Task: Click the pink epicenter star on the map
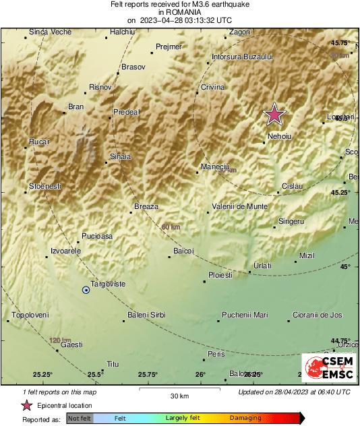[274, 115]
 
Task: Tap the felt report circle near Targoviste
[86, 290]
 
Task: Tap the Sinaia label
[120, 157]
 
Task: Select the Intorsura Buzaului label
[241, 57]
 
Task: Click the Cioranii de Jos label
[317, 315]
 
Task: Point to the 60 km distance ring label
[171, 227]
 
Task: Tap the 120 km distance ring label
[60, 340]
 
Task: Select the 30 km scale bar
[180, 390]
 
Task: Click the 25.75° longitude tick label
[148, 374]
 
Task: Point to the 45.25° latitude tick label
[340, 193]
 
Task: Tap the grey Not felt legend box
[80, 418]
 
